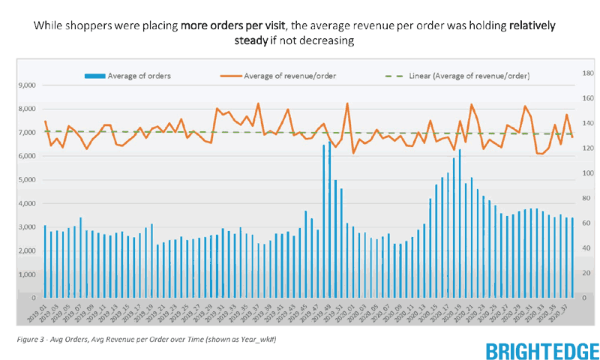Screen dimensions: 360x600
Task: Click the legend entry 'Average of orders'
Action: tap(139, 76)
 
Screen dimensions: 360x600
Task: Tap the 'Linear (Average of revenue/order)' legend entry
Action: tap(469, 76)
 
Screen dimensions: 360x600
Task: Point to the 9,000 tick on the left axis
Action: tap(26, 85)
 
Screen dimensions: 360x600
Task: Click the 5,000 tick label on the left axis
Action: tap(26, 180)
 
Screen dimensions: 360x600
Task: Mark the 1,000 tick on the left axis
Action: tap(26, 274)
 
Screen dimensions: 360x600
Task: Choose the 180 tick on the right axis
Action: tap(587, 73)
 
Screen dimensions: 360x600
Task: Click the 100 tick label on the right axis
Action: tap(587, 173)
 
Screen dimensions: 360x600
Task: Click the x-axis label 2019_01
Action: tap(37, 311)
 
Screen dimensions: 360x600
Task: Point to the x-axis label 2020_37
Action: tap(564, 311)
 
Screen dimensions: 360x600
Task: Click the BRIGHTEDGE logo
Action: tap(541, 350)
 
